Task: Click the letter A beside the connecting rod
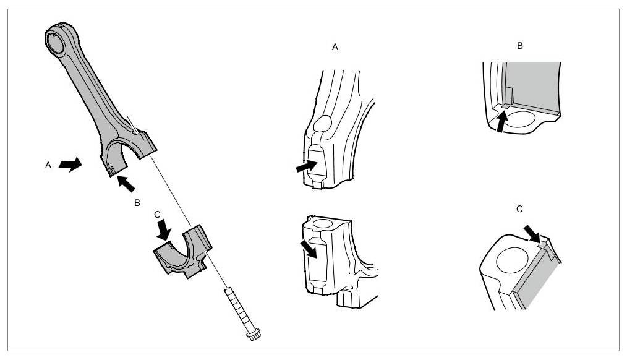(x=47, y=165)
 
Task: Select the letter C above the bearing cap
(x=157, y=214)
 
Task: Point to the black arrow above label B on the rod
(x=125, y=182)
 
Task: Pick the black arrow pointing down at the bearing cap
(x=164, y=231)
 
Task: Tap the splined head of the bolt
(x=252, y=333)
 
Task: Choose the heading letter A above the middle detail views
(x=335, y=46)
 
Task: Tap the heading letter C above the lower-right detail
(x=519, y=210)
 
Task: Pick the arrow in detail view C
(x=531, y=234)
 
